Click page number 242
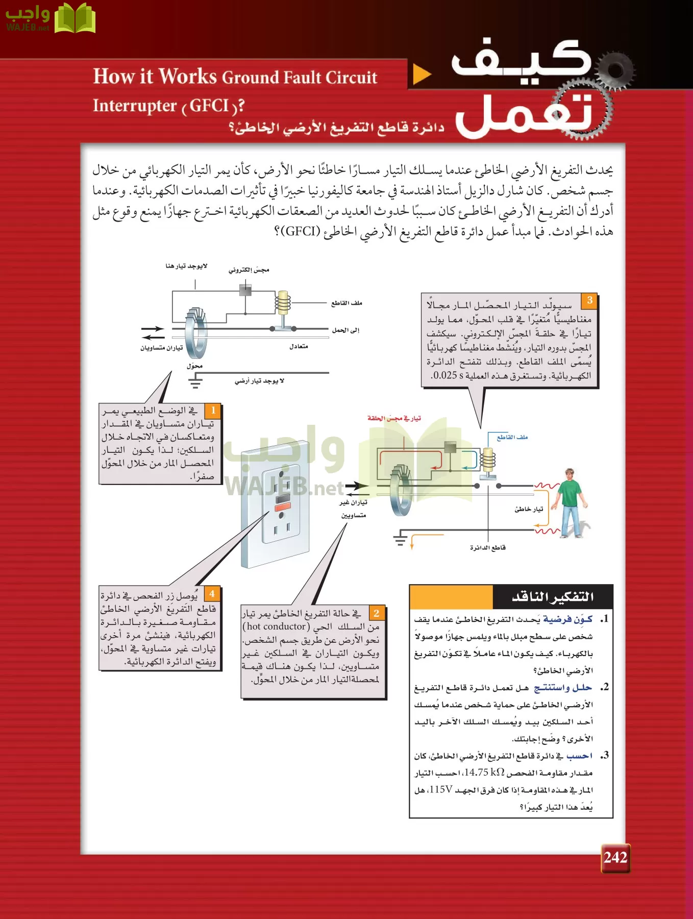click(615, 857)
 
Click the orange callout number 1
click(213, 410)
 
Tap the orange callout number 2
click(377, 613)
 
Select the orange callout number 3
click(589, 300)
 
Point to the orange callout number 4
click(212, 593)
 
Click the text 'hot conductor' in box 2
click(276, 626)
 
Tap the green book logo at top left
click(75, 19)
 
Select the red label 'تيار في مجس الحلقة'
click(394, 418)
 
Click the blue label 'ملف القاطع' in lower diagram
click(512, 437)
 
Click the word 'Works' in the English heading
click(188, 77)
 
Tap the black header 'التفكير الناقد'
click(552, 596)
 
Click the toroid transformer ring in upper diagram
click(196, 333)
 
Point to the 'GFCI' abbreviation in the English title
click(209, 106)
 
